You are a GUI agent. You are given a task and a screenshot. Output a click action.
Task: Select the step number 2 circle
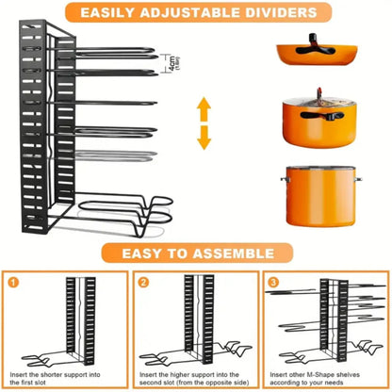click(142, 282)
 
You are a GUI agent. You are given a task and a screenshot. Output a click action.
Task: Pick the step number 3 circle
click(271, 282)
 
